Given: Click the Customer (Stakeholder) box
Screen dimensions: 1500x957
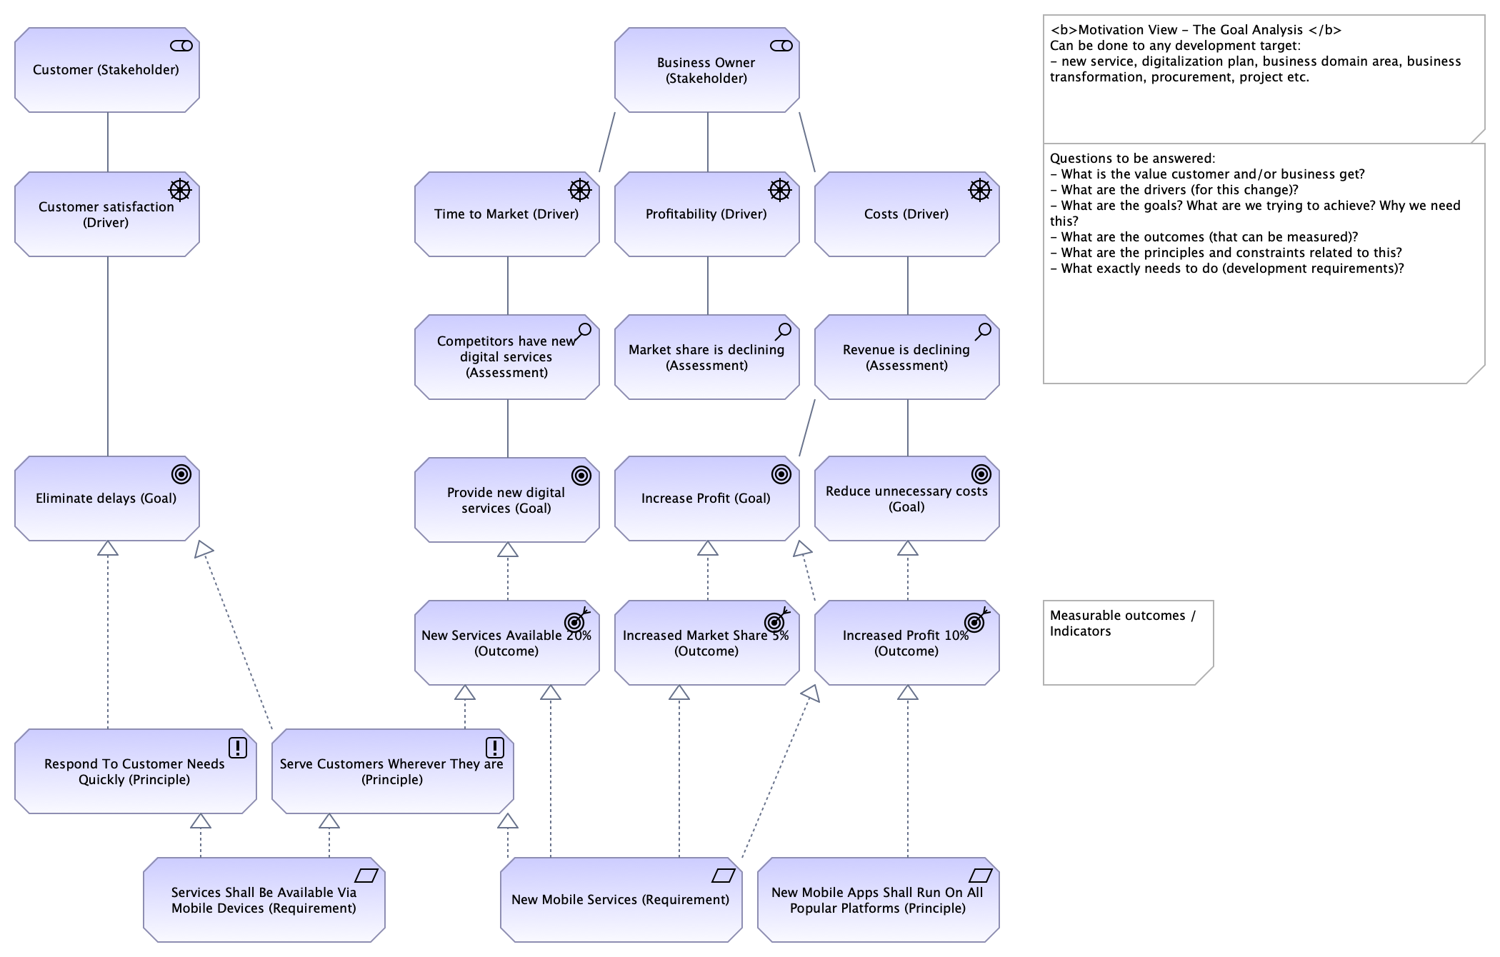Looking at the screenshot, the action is (107, 70).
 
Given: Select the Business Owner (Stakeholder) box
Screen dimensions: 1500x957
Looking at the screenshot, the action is (707, 70).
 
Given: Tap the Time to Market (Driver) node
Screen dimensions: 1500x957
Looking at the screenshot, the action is (507, 214).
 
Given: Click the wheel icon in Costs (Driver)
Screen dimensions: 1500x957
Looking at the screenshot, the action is (980, 190).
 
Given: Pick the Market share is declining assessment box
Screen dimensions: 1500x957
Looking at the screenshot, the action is (707, 356).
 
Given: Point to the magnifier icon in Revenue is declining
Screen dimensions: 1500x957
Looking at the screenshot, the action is (984, 331).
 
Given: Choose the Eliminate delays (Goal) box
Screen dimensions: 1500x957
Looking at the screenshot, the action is (107, 498).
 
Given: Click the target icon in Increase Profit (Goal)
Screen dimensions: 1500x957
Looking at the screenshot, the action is (781, 474).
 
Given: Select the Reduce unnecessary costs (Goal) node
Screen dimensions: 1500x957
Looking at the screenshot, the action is (907, 498).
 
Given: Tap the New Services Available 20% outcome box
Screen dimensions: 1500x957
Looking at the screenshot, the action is (507, 642).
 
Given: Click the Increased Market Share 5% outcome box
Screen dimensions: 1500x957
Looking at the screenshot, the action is (707, 642).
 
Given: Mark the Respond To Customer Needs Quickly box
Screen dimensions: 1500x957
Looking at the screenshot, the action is (136, 771).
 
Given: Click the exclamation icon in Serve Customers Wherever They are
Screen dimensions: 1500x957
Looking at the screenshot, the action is (495, 748).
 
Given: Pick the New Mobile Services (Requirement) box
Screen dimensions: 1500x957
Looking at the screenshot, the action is (621, 900).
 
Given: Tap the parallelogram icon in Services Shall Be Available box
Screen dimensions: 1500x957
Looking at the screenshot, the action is (366, 875).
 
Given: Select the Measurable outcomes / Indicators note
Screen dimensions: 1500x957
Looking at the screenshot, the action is (1129, 643).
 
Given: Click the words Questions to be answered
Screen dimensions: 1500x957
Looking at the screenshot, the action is (1131, 159).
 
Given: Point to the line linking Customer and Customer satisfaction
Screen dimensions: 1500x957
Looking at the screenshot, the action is (108, 142).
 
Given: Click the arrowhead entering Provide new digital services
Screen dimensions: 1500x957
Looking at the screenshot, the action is (508, 549).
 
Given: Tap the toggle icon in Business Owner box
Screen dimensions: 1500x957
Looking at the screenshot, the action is (781, 46).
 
